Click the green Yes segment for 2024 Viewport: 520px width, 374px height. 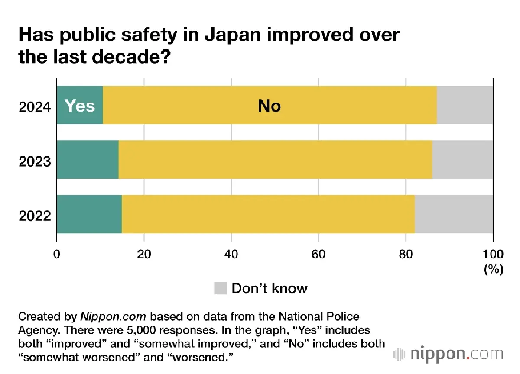pyautogui.click(x=80, y=105)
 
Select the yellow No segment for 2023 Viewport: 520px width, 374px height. pyautogui.click(x=275, y=160)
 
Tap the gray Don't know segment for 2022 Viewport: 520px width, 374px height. pyautogui.click(x=454, y=214)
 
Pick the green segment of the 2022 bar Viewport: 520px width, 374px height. pyautogui.click(x=89, y=214)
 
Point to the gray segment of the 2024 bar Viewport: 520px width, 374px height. pyautogui.click(x=465, y=105)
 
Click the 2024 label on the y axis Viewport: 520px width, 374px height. pyautogui.click(x=35, y=106)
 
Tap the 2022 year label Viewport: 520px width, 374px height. pyautogui.click(x=35, y=215)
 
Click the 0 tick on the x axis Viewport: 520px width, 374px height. pyautogui.click(x=57, y=254)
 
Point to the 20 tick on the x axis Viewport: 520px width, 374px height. pyautogui.click(x=144, y=254)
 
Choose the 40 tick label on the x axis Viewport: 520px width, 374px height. pyautogui.click(x=231, y=254)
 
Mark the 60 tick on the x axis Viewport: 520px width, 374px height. pyautogui.click(x=318, y=254)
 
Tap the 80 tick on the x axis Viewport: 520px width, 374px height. pyautogui.click(x=406, y=254)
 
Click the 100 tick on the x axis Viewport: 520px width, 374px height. pyautogui.click(x=493, y=254)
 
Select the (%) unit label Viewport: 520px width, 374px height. pyautogui.click(x=493, y=269)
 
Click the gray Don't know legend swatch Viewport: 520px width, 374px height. pyautogui.click(x=220, y=288)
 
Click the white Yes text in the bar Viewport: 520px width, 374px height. pyautogui.click(x=80, y=105)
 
